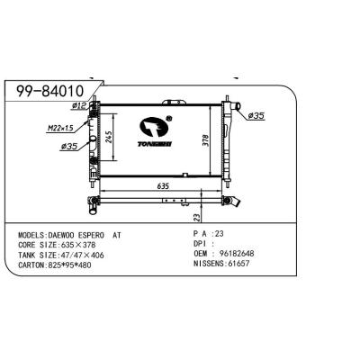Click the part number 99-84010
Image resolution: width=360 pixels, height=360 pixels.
49,91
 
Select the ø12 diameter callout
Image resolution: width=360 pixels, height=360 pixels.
79,105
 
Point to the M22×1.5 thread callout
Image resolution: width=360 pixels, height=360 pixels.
60,129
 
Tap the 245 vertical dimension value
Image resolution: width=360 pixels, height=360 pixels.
109,137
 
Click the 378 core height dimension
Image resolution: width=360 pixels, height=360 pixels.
206,140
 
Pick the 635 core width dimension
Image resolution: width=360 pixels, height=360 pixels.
163,186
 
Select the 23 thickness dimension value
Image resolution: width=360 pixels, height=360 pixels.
196,218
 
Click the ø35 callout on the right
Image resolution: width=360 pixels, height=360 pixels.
256,115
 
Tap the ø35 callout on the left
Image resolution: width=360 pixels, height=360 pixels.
69,147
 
